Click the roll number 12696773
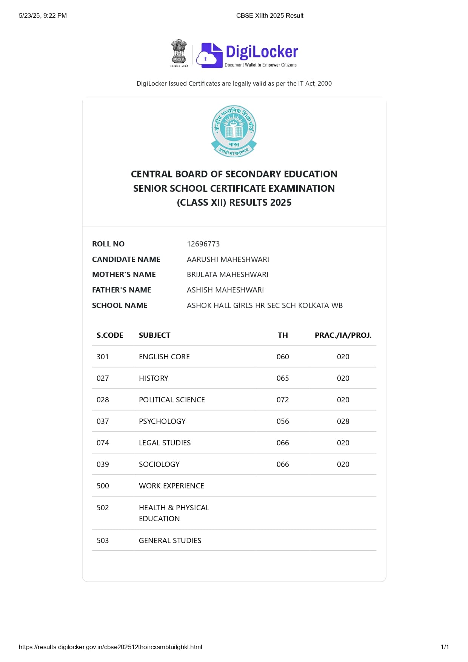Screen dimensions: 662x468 pos(203,244)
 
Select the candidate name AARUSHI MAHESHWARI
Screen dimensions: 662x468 pos(228,259)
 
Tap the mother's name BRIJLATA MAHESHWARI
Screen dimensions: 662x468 pos(227,274)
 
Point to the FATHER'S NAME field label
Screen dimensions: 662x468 pos(122,290)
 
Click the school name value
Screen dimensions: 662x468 pos(265,305)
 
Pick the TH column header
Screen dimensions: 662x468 pos(283,335)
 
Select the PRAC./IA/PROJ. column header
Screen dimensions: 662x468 pos(343,335)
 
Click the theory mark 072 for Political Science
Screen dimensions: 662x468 pos(283,400)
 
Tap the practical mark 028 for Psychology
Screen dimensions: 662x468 pos(343,421)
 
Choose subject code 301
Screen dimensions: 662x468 pos(103,357)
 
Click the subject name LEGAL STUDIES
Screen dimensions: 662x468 pos(165,443)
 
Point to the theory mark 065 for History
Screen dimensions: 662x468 pos(283,378)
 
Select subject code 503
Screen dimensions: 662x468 pos(103,540)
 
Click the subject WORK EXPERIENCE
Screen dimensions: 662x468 pos(171,486)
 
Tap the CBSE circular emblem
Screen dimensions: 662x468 pos(234,131)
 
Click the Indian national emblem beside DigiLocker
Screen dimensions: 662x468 pos(179,53)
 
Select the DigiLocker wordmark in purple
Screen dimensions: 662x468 pos(262,52)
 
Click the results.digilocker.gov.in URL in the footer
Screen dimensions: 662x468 pos(110,647)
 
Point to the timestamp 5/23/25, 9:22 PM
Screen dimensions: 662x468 pos(43,15)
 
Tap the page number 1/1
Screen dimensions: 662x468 pos(445,647)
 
